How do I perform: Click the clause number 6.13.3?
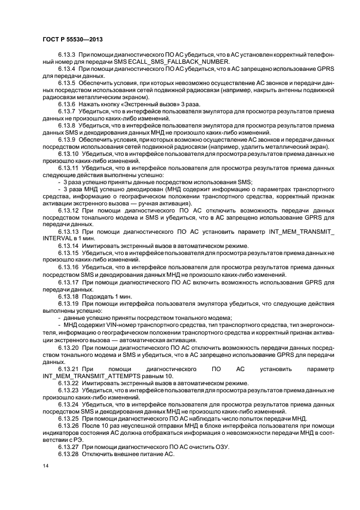pos(66,55)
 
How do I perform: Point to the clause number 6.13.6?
pos(66,104)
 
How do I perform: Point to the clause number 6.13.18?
pos(68,296)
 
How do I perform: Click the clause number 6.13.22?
pos(68,383)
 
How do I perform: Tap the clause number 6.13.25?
pos(68,418)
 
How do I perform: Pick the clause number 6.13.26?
pos(68,426)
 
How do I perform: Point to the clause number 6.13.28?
pos(68,454)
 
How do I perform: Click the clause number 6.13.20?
pos(68,347)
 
